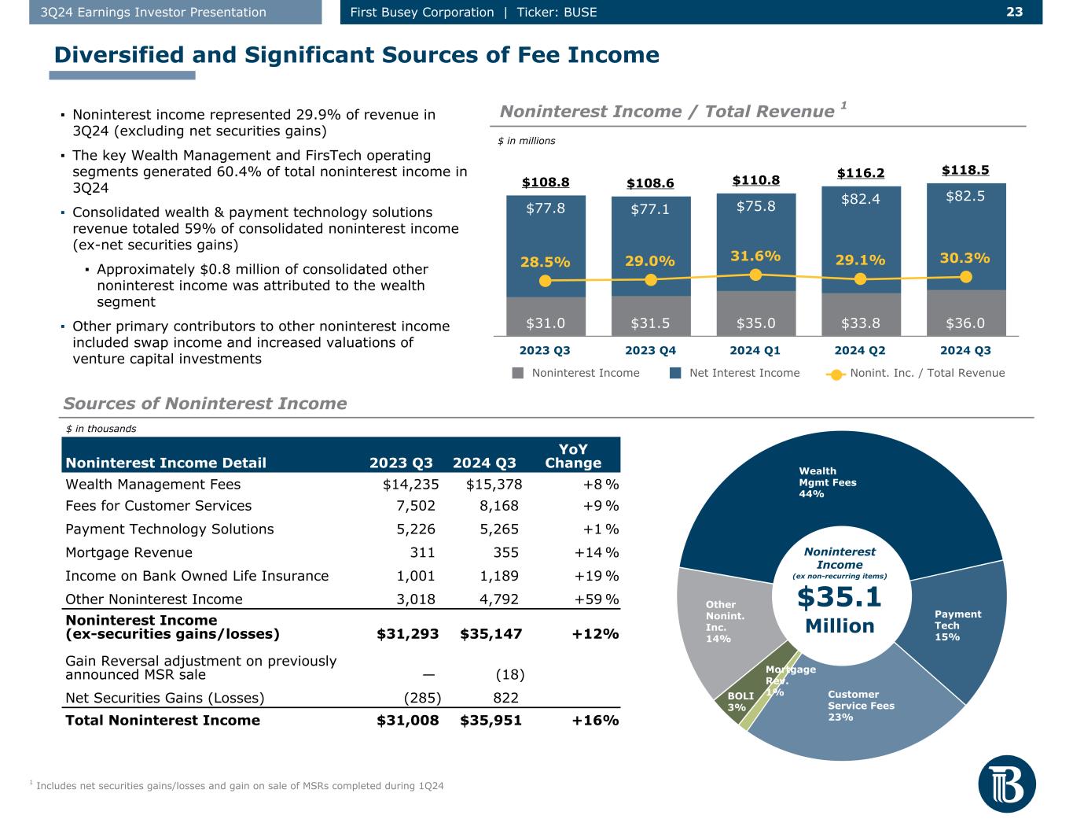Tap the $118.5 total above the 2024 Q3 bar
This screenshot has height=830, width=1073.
[965, 170]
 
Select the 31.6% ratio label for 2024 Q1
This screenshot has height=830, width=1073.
[755, 256]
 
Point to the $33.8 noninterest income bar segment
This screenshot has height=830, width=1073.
[861, 323]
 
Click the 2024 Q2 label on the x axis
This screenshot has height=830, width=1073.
[860, 350]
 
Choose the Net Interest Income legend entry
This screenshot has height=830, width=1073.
[734, 373]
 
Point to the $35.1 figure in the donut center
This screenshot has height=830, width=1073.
[840, 598]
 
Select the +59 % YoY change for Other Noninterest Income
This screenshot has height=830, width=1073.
[597, 599]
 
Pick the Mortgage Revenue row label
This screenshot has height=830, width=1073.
[129, 552]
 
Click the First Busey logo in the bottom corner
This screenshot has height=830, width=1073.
[1007, 788]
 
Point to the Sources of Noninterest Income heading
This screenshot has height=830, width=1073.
[205, 404]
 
